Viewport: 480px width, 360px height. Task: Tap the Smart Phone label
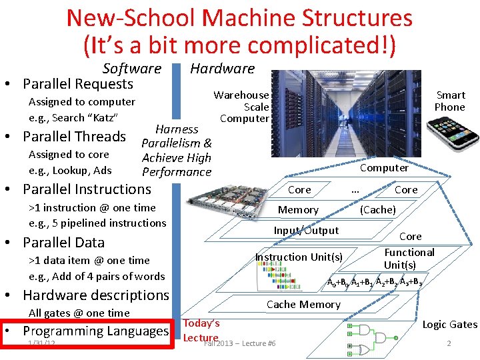coord(450,101)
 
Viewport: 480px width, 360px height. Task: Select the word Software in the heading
coord(132,68)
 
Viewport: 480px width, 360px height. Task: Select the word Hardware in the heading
coord(222,68)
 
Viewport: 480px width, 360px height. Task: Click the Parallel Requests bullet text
coord(78,84)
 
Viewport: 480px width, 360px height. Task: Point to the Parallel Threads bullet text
coord(74,137)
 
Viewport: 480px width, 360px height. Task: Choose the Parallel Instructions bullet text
coord(87,189)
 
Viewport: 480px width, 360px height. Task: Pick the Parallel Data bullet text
coord(63,242)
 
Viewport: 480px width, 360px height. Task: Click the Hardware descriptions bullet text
coord(96,295)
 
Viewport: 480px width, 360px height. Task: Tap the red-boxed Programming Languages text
coord(95,331)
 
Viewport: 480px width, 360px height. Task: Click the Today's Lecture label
coord(201,330)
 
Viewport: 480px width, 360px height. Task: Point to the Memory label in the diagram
coord(298,210)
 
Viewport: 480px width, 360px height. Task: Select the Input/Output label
coord(306,231)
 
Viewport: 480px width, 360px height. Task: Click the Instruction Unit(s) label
coord(299,257)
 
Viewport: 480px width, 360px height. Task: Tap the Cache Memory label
coord(303,305)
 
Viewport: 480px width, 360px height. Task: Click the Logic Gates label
coord(450,325)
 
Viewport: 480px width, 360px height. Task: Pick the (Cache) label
coord(378,210)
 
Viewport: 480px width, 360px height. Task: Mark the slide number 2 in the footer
coord(449,343)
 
